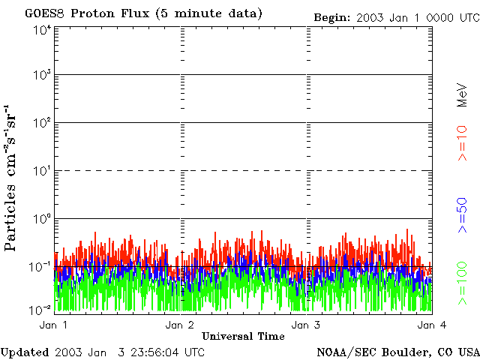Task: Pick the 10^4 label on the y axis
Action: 42,29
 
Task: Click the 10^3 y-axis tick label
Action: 42,76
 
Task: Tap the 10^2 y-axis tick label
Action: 42,124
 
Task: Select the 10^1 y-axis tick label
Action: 42,172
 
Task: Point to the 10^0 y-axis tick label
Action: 42,220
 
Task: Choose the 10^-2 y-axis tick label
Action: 40,310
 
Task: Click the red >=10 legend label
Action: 463,142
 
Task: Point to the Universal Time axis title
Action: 243,337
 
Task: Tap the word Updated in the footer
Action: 25,352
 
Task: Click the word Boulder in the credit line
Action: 403,352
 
